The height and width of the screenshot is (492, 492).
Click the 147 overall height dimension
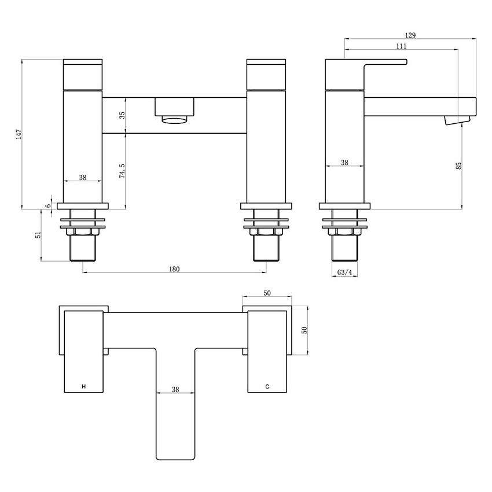pos(19,134)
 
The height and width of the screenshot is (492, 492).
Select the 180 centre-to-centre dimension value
pos(174,269)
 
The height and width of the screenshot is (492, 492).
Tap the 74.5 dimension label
pos(122,171)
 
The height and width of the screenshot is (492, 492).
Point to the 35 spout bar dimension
pos(122,115)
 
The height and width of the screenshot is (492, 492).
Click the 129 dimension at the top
pos(410,35)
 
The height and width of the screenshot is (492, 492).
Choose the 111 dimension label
pos(401,46)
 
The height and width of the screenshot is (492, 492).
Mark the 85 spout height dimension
pos(458,166)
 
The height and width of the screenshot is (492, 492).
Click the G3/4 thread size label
pos(344,273)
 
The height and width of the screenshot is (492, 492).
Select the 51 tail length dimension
pos(38,235)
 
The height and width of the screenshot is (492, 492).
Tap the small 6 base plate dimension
pos(47,206)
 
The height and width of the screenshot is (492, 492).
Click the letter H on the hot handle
pos(83,387)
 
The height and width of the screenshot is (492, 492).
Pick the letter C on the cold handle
pos(267,387)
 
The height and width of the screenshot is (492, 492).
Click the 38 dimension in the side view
pos(344,162)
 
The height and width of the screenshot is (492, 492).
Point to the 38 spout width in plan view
pos(175,389)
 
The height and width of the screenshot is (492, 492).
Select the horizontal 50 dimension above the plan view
pos(267,293)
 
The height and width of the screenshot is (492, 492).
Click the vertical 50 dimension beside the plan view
pos(304,330)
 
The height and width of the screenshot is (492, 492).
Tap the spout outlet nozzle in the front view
pos(174,119)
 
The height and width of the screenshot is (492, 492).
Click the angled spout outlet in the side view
pos(457,120)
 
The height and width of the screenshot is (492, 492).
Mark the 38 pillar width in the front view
pos(83,177)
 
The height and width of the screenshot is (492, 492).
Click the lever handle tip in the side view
pos(406,62)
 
